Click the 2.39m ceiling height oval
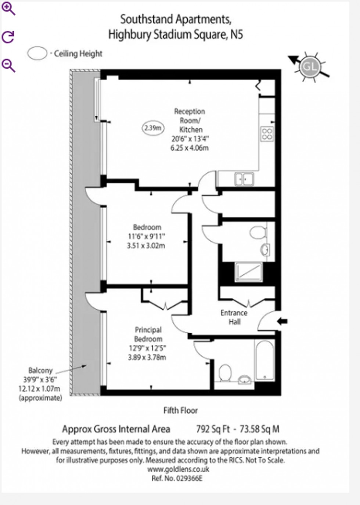pyautogui.click(x=153, y=128)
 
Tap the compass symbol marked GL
pyautogui.click(x=309, y=67)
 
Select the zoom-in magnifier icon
pyautogui.click(x=8, y=9)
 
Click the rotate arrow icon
pyautogui.click(x=8, y=37)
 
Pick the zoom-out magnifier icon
pyautogui.click(x=8, y=65)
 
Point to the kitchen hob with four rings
pyautogui.click(x=267, y=134)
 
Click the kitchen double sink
pyautogui.click(x=244, y=179)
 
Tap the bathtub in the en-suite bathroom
pyautogui.click(x=264, y=360)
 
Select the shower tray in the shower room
pyautogui.click(x=249, y=271)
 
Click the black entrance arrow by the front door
pyautogui.click(x=282, y=321)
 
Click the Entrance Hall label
pyautogui.click(x=234, y=317)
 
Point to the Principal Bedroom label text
pyautogui.click(x=148, y=334)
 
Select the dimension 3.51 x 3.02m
pyautogui.click(x=146, y=246)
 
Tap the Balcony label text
pyautogui.click(x=40, y=370)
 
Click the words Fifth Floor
pyautogui.click(x=180, y=410)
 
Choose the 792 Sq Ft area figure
pyautogui.click(x=213, y=429)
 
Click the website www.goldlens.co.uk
pyautogui.click(x=178, y=469)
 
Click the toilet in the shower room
pyautogui.click(x=258, y=232)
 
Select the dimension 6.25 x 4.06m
pyautogui.click(x=190, y=148)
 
